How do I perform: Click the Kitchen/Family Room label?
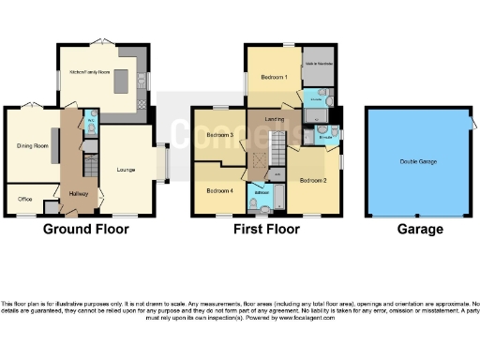click(87, 72)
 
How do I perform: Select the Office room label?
click(25, 199)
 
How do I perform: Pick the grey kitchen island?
click(120, 85)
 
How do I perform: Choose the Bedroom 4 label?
click(219, 191)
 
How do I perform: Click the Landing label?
click(275, 118)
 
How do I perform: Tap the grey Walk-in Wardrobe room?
click(319, 66)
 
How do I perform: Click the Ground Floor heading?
click(78, 229)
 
